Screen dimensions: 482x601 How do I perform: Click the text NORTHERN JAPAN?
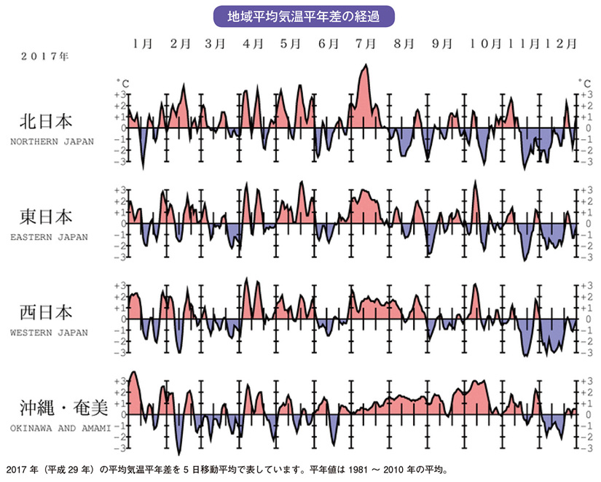(x=52, y=141)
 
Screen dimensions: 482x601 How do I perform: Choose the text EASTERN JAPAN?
(x=50, y=237)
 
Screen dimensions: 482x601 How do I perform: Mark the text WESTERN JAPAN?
(x=50, y=333)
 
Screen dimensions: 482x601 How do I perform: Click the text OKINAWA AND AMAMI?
(x=60, y=429)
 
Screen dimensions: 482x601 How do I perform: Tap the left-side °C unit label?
(x=120, y=83)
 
